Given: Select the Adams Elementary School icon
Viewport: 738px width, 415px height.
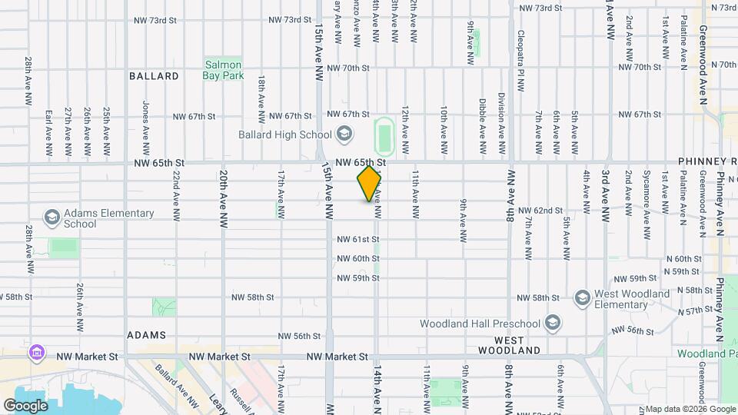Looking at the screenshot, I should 52,217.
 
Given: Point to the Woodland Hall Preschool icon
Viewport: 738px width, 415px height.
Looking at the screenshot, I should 552,322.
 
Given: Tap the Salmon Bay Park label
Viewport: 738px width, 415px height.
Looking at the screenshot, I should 223,70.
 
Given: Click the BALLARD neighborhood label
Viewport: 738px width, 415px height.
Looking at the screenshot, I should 154,76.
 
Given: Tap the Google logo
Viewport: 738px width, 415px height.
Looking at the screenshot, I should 25,405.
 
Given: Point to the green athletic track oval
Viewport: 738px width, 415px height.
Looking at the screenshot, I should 384,136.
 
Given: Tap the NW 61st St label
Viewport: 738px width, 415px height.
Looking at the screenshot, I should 357,239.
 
